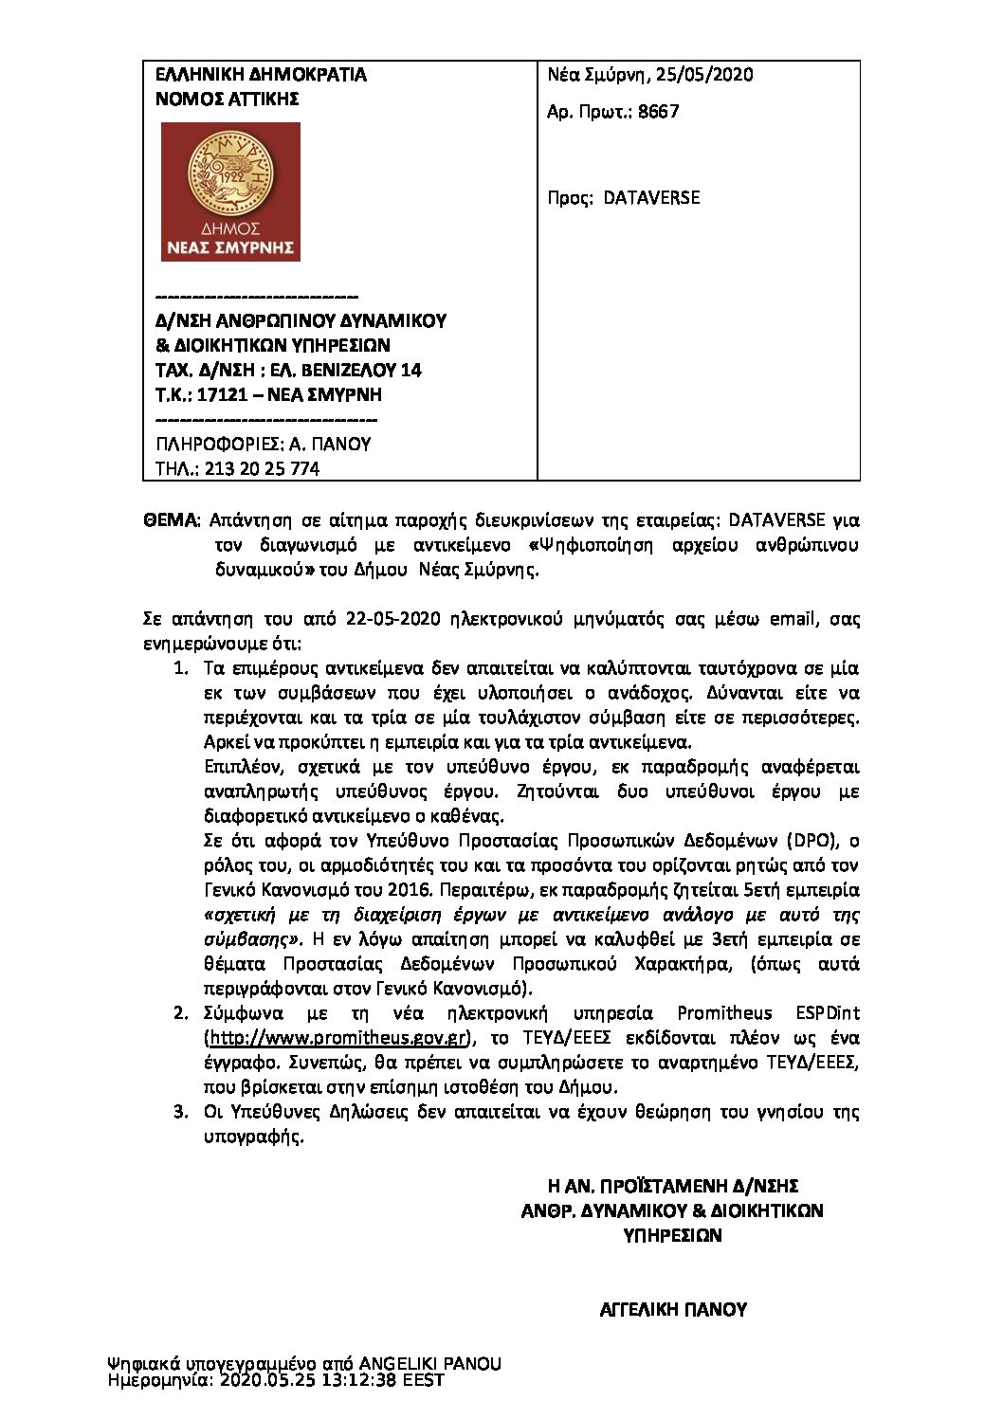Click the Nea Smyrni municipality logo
[230, 191]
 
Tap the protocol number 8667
[658, 112]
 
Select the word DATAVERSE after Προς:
[651, 198]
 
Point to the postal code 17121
[222, 395]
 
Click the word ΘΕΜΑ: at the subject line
[171, 520]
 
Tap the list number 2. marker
[181, 1013]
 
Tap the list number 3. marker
[181, 1112]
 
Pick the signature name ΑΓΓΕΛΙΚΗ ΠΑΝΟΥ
[673, 1310]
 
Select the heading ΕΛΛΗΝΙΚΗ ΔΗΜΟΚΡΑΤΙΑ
[261, 75]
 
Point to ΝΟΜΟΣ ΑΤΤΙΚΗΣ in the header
[228, 100]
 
